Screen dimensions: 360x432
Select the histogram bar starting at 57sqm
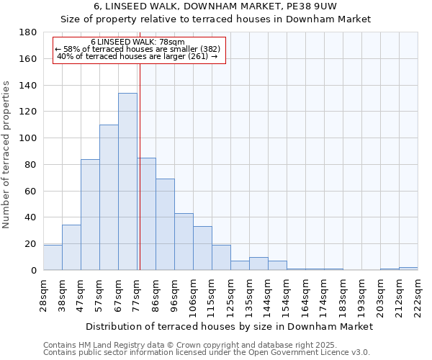tap(109, 197)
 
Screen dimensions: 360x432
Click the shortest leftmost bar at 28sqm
tap(53, 258)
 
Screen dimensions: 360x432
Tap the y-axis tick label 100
tap(28, 138)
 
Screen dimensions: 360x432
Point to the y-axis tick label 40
tap(31, 217)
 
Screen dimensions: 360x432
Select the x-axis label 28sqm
tap(43, 294)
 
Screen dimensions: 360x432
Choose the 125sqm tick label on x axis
tap(230, 294)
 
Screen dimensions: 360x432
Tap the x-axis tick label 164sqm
tap(305, 294)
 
